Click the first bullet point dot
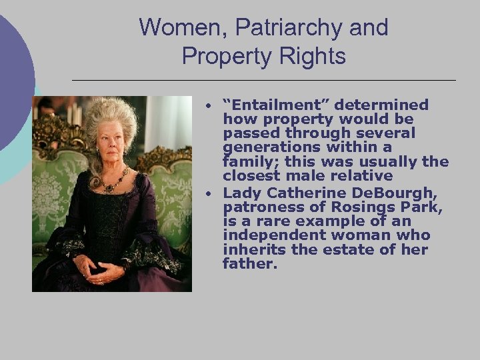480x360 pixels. [209, 107]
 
